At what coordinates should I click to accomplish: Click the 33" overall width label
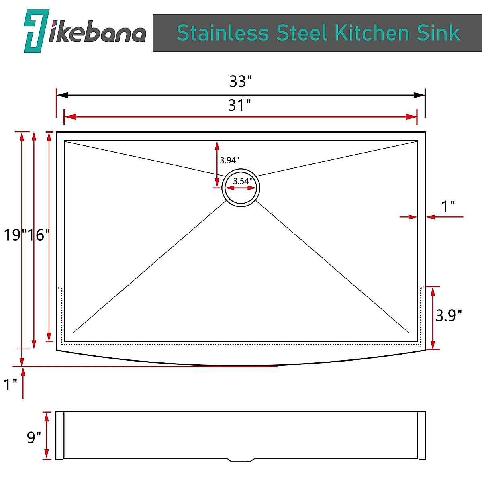tap(240, 82)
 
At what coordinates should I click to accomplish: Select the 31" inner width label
tap(239, 106)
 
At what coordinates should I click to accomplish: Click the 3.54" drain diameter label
tap(242, 181)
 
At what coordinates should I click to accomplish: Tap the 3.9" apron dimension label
tap(449, 316)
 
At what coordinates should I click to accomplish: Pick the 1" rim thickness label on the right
tap(448, 207)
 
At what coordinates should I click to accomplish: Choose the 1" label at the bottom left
tap(10, 385)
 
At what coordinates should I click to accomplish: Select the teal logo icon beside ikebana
tap(36, 31)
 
